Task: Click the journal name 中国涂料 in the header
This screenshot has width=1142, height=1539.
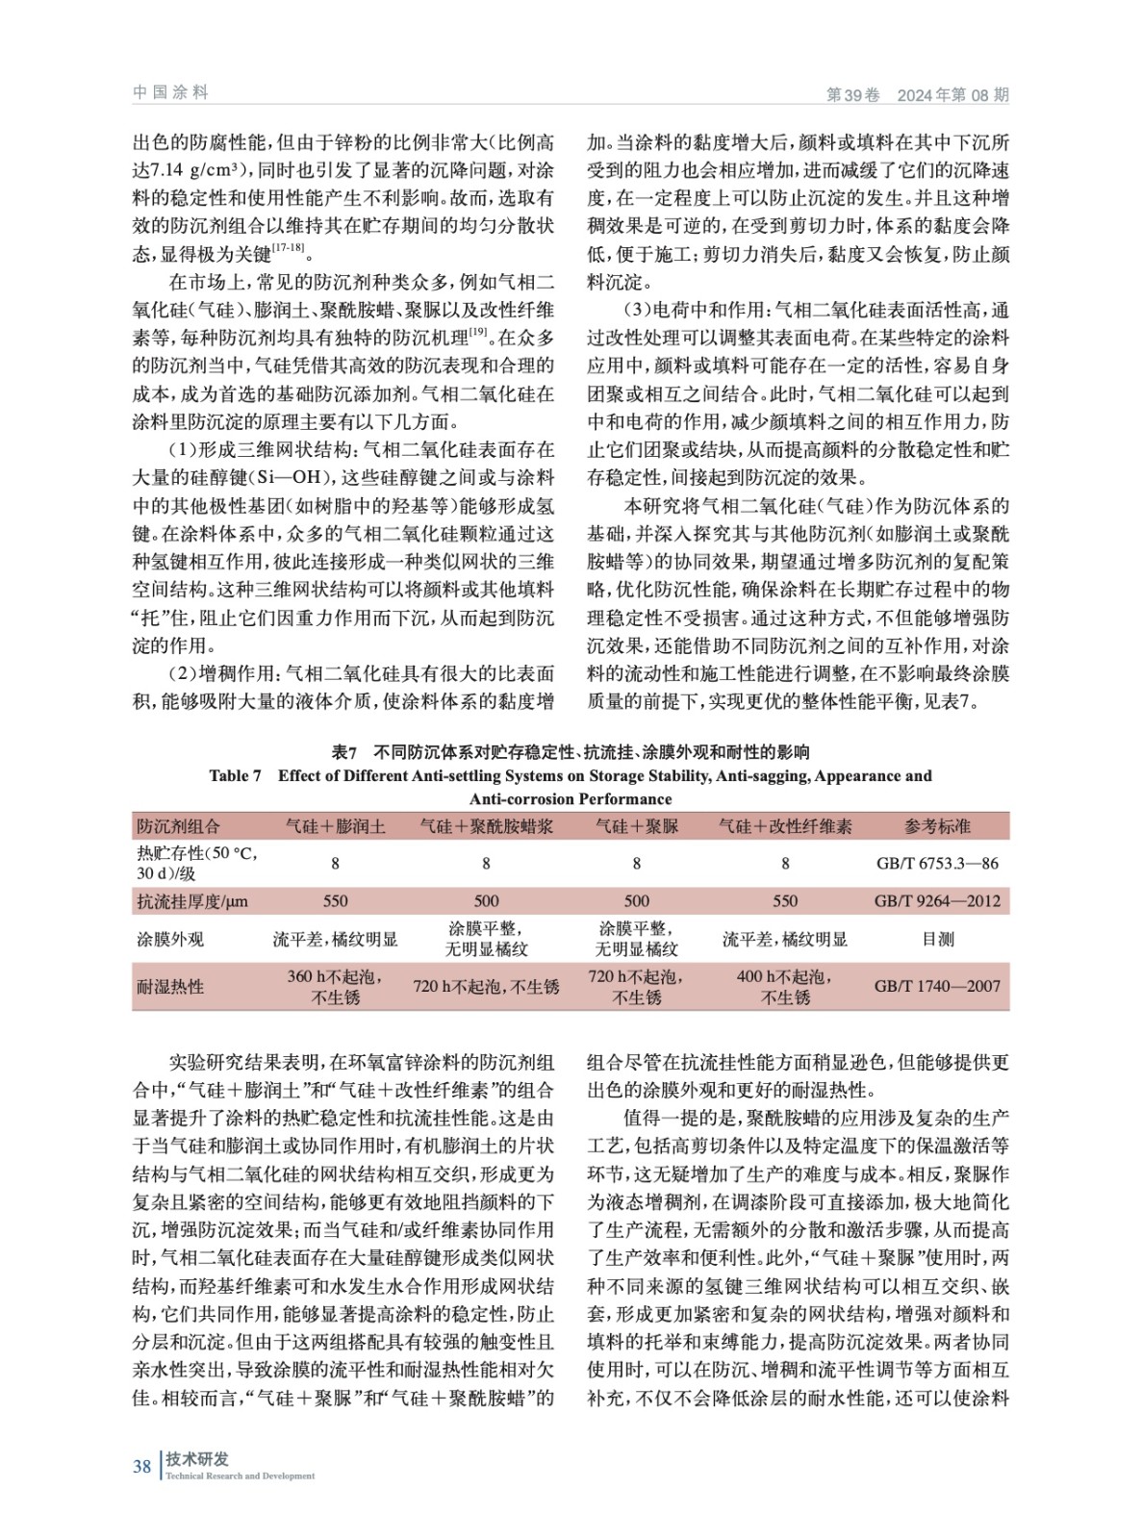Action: (x=170, y=92)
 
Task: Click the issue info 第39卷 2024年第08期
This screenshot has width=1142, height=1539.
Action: (x=917, y=94)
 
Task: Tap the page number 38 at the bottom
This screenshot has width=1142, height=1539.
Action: (x=141, y=1466)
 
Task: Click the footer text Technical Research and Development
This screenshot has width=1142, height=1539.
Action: (x=240, y=1476)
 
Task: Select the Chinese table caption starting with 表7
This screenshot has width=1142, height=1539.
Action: (x=570, y=752)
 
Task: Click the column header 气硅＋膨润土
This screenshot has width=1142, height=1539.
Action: (x=335, y=826)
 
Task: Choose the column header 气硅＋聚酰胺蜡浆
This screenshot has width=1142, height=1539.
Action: (x=486, y=826)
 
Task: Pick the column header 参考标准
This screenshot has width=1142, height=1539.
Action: (x=937, y=826)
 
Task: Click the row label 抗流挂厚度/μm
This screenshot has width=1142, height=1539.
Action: (x=192, y=901)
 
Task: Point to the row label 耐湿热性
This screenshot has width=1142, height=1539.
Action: (x=170, y=986)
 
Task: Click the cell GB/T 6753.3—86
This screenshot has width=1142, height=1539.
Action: (x=937, y=864)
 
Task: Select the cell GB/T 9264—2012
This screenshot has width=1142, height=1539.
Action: (x=937, y=901)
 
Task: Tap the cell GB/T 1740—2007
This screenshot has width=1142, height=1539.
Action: (x=937, y=986)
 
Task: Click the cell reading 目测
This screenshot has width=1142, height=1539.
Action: (x=937, y=939)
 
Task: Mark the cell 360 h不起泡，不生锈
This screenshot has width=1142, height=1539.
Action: (x=335, y=987)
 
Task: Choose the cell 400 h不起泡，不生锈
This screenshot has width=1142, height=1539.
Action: (x=785, y=987)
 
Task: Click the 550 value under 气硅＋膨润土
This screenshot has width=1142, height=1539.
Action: (x=335, y=901)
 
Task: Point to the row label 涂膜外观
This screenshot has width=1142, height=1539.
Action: (x=170, y=939)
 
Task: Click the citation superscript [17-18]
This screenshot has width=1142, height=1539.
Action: (x=288, y=248)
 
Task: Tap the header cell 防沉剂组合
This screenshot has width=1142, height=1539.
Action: (x=178, y=826)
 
